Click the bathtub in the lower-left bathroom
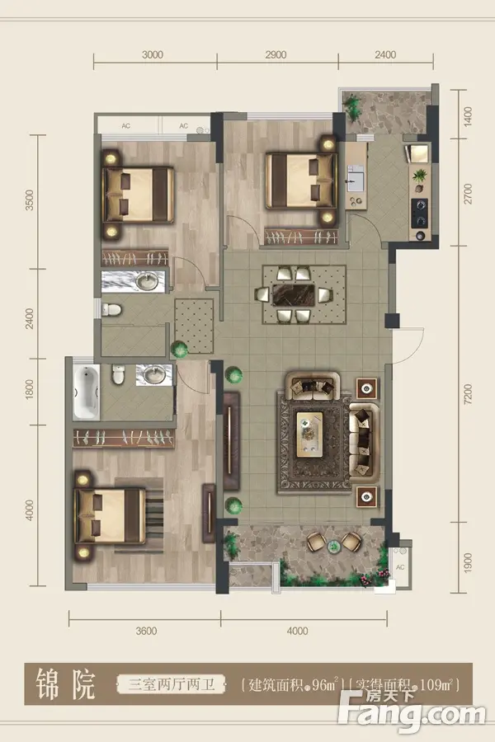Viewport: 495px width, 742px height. point(87,392)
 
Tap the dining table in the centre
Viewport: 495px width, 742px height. point(293,295)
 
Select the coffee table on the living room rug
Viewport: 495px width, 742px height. point(309,434)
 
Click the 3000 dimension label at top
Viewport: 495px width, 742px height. point(153,55)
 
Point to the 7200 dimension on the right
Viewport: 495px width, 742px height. point(468,394)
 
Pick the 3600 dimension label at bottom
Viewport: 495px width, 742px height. point(146,631)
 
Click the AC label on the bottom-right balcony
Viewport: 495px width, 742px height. point(400,567)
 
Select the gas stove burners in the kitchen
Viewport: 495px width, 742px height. point(420,214)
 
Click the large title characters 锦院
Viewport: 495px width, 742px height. point(66,683)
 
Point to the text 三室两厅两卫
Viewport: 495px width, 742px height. point(171,684)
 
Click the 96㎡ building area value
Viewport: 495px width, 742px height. point(326,684)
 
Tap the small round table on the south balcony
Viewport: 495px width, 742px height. point(335,546)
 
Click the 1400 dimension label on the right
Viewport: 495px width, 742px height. point(468,116)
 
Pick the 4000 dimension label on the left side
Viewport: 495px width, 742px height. point(30,510)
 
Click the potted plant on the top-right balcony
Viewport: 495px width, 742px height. point(352,107)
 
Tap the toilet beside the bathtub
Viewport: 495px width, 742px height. point(119,373)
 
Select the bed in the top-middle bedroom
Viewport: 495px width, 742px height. point(300,181)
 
